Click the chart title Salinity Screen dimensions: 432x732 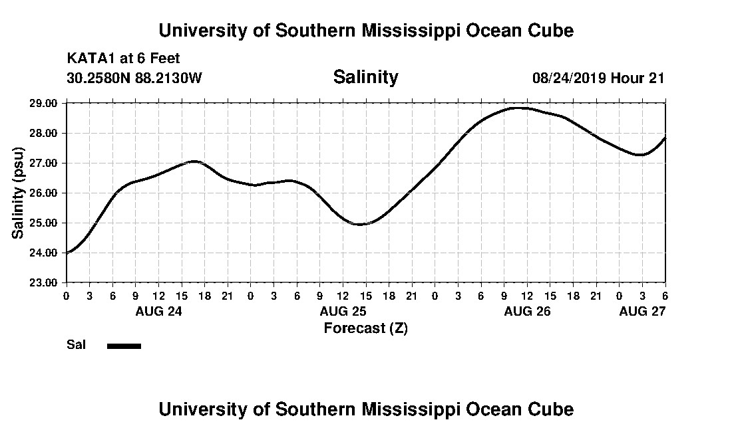tap(365, 77)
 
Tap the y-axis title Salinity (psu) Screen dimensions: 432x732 tap(19, 193)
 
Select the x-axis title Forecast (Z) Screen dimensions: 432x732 tap(365, 328)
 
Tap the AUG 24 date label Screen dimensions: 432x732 tap(158, 311)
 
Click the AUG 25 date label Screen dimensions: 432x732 tap(343, 311)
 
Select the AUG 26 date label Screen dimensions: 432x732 tap(527, 311)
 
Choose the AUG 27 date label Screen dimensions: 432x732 tap(642, 311)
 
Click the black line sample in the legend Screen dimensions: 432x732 tap(124, 346)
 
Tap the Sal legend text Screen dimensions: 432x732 tap(75, 345)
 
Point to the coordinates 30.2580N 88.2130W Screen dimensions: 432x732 tap(134, 78)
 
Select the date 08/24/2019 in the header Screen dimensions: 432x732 tap(568, 78)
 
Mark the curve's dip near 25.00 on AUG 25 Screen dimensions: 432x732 tap(360, 224)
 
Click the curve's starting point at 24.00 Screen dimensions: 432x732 tap(67, 253)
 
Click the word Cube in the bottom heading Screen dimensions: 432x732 tap(551, 409)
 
